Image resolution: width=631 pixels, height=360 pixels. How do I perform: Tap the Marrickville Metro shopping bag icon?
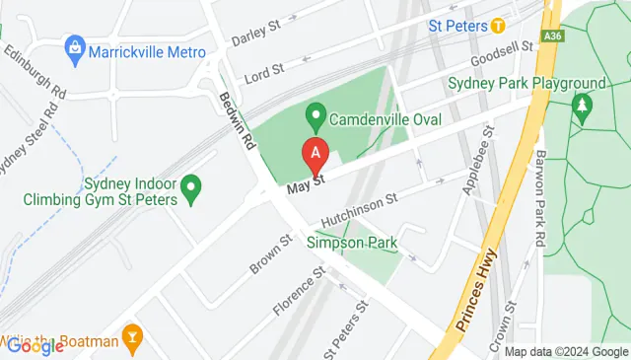pos(74,46)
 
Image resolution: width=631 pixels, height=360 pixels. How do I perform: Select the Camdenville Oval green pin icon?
pos(315,117)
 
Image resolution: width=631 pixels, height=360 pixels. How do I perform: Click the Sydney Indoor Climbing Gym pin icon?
pos(192,184)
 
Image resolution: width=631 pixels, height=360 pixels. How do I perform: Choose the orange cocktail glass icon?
pos(131,338)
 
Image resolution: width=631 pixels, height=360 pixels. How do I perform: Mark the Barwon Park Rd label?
pos(539,197)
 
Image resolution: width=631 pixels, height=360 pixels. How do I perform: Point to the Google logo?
pos(35,345)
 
